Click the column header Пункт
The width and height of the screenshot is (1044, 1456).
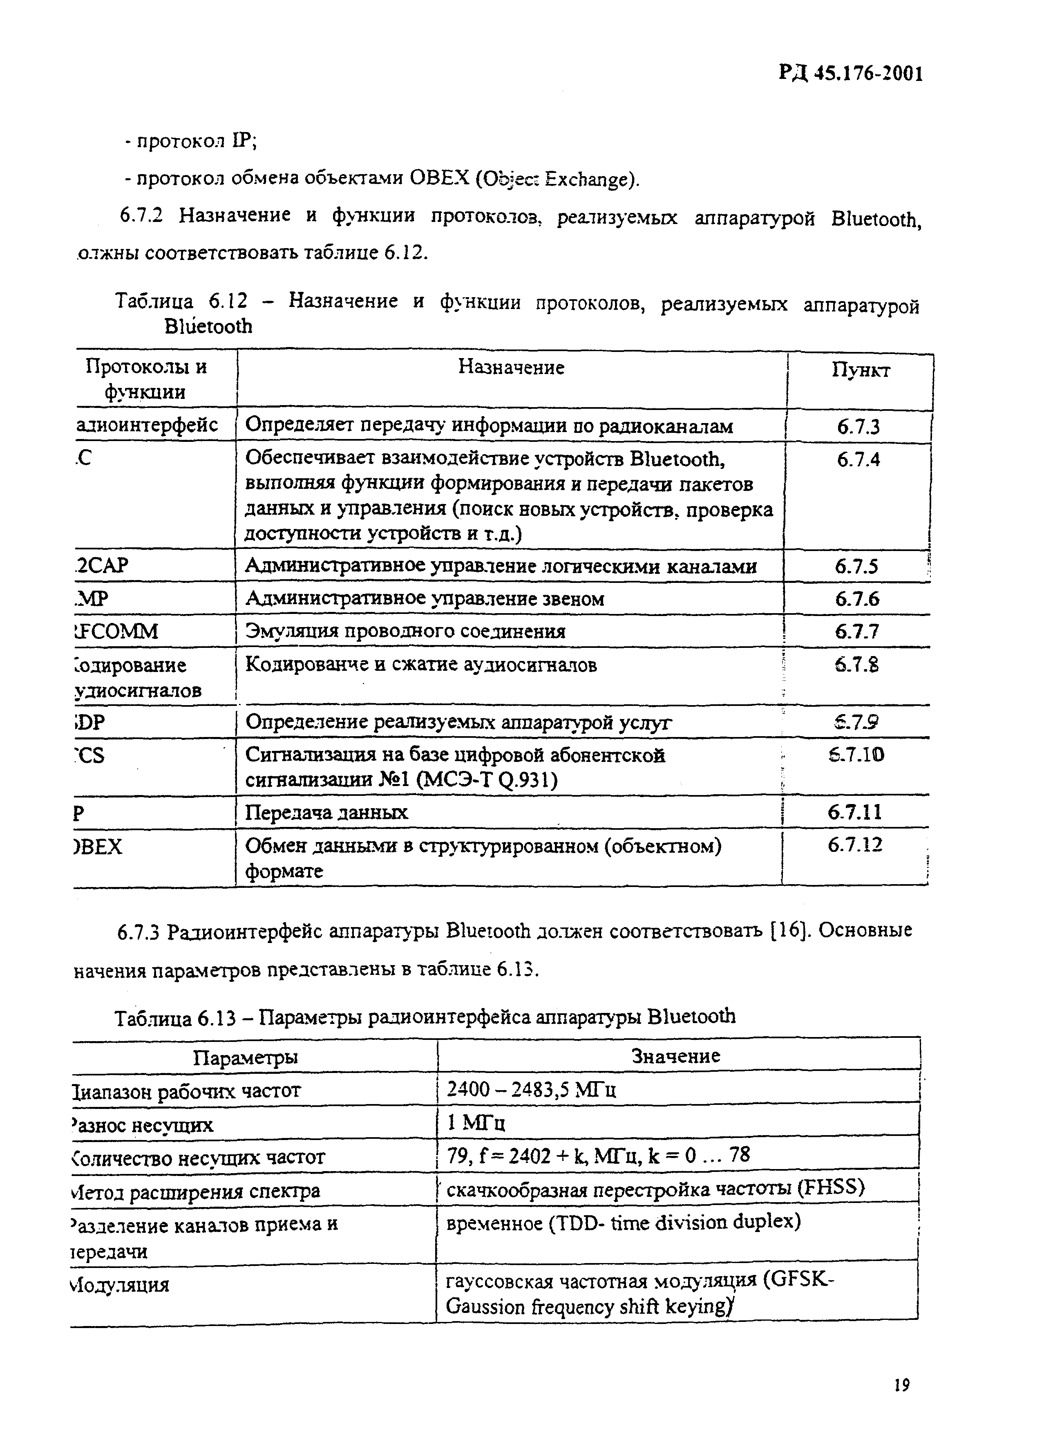click(861, 370)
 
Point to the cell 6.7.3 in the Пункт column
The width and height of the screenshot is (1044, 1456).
click(858, 427)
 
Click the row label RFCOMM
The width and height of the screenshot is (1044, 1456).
click(116, 632)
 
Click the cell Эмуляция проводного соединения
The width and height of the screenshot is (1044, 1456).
click(405, 632)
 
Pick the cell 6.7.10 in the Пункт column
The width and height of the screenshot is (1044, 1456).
click(856, 755)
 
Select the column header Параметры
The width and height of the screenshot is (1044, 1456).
click(246, 1057)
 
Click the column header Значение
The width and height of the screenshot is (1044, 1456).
click(676, 1056)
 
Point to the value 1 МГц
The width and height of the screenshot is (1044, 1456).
click(476, 1123)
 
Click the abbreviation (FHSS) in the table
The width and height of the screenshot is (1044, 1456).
click(831, 1188)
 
